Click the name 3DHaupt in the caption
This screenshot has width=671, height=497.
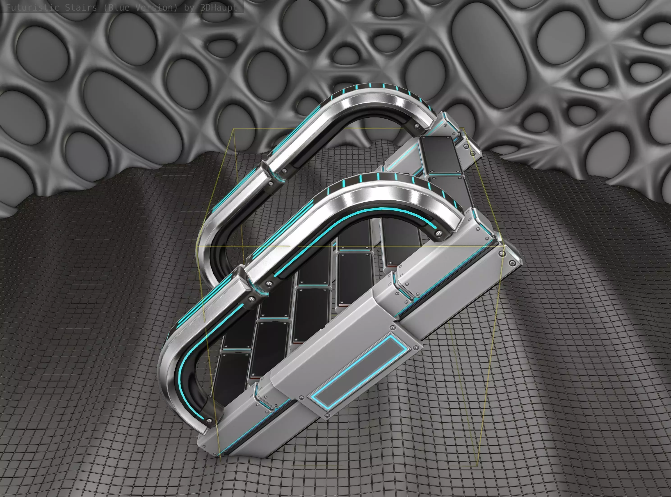pyautogui.click(x=219, y=7)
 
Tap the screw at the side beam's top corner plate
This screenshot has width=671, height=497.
pyautogui.click(x=502, y=254)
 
